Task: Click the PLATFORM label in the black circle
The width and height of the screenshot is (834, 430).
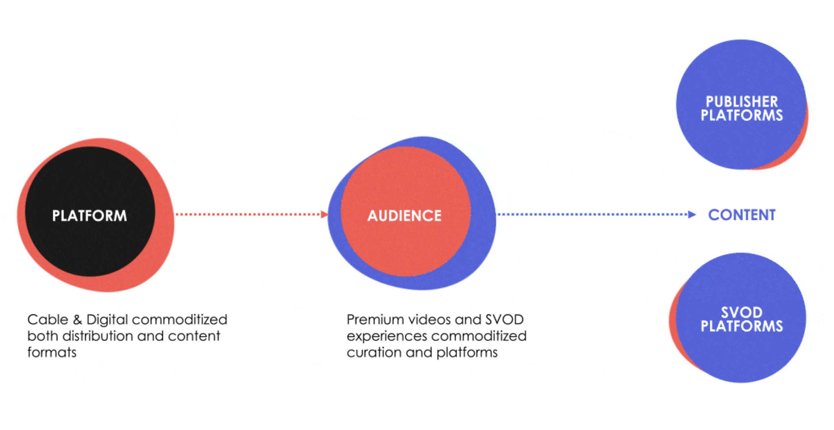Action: point(89,215)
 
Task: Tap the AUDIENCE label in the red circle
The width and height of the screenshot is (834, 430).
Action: point(404,215)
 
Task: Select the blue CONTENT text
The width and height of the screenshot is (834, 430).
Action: point(742,215)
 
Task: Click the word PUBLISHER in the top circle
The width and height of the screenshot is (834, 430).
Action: point(742,101)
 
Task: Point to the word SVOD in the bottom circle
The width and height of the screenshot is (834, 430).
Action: point(742,312)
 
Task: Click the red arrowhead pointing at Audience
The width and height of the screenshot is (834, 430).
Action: point(324,214)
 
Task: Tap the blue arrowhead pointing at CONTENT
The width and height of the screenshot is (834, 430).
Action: point(691,214)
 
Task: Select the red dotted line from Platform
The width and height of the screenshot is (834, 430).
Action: point(248,214)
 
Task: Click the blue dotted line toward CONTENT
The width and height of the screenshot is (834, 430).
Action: point(590,214)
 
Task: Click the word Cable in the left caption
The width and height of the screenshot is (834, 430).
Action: point(48,319)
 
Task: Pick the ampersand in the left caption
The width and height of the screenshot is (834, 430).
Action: point(77,320)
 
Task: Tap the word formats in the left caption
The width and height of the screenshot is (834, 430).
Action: point(52,352)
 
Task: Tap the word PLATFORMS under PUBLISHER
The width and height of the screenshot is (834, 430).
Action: point(742,115)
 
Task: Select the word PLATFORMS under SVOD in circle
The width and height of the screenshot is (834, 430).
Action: point(742,326)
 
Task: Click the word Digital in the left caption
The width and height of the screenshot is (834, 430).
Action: point(107,320)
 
